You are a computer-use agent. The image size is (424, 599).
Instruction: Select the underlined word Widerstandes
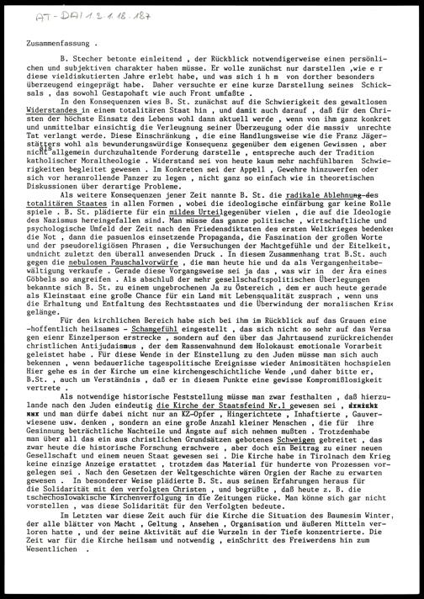click(75, 133)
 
